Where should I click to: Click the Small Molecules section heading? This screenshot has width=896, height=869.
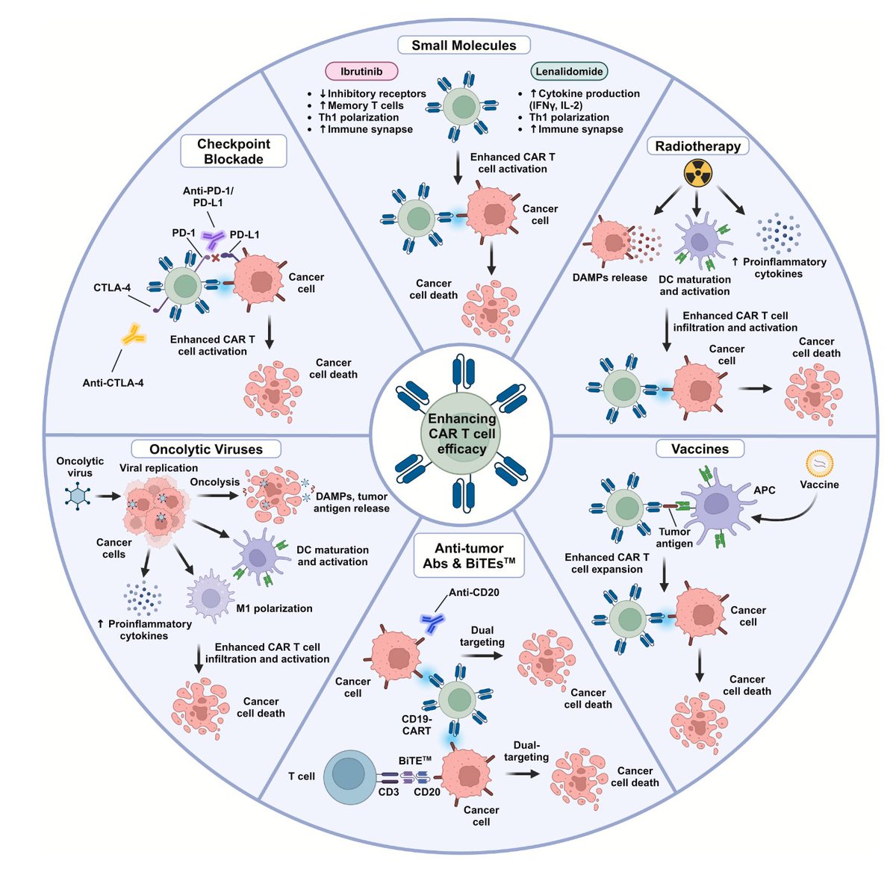[x=464, y=46]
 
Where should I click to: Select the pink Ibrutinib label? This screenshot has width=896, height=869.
[x=361, y=72]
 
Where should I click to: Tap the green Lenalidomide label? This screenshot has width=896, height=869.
[x=569, y=72]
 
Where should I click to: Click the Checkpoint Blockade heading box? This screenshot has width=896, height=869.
[x=234, y=152]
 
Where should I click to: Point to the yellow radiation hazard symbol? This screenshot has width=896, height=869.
[x=698, y=174]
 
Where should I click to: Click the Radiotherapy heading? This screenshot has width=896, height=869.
[x=697, y=146]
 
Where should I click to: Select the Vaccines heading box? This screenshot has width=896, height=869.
[x=700, y=449]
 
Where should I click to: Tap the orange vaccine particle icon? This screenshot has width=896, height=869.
[x=819, y=464]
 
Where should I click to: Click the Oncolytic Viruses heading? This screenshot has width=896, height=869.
[x=206, y=449]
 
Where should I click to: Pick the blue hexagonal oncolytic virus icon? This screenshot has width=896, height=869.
[x=78, y=495]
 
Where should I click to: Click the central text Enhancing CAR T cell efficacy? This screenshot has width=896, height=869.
[x=461, y=434]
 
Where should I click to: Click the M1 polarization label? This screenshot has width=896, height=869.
[x=274, y=608]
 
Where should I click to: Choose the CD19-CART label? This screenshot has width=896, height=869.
[x=417, y=725]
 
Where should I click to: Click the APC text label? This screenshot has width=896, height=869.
[x=765, y=490]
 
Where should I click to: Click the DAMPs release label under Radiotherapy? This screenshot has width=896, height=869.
[x=609, y=278]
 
